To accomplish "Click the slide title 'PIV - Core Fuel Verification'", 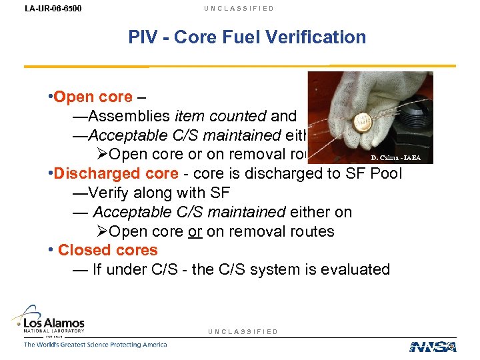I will (x=247, y=37).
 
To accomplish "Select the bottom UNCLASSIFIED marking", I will (x=243, y=331).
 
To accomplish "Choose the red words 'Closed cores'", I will (x=108, y=251).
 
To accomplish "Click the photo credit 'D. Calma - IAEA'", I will (x=397, y=158).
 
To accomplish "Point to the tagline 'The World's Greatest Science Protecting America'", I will (x=95, y=345).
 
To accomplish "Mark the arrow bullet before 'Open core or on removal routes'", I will (x=101, y=231).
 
